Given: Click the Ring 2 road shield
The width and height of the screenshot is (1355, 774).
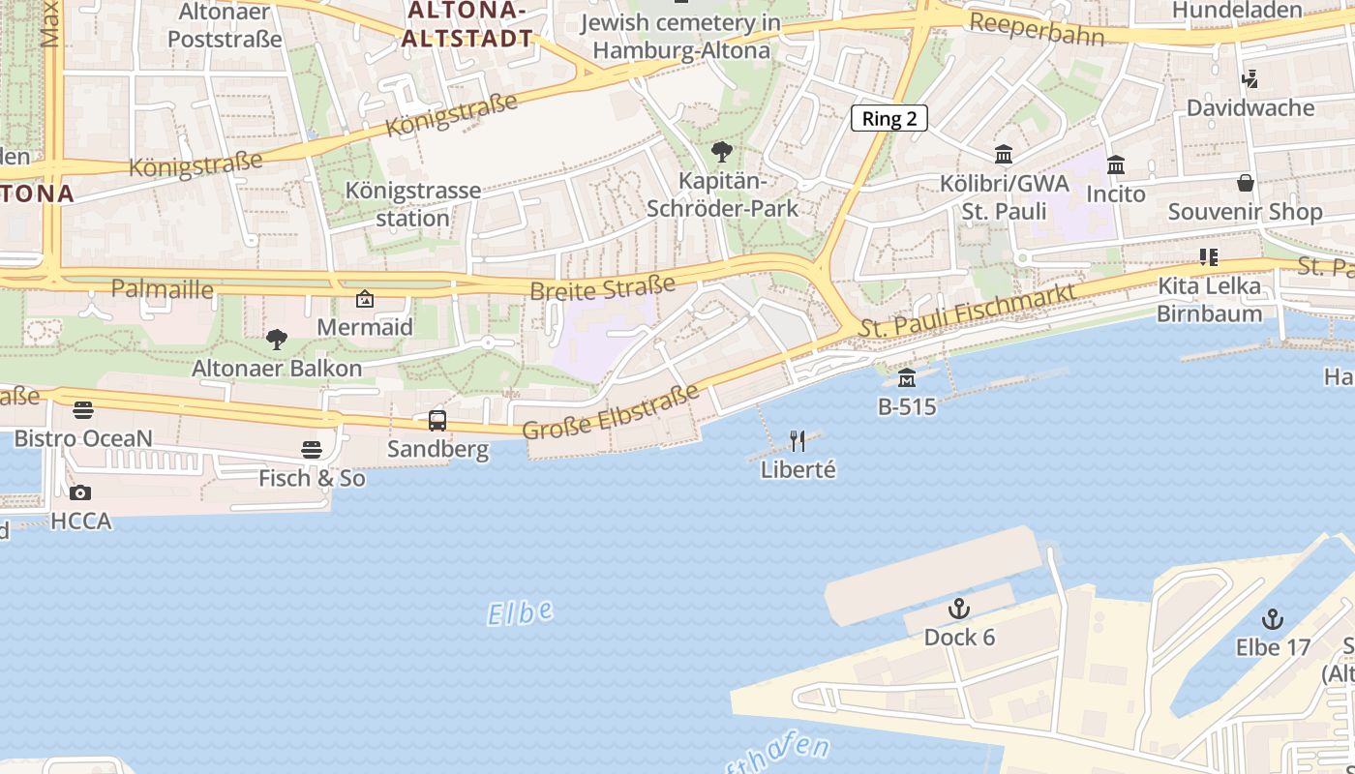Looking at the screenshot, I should (x=889, y=119).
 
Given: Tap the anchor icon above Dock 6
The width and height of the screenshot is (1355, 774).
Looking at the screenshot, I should (x=959, y=610).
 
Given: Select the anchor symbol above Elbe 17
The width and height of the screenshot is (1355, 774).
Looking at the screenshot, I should (x=1273, y=619).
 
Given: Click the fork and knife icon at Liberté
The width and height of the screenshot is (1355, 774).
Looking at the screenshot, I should (x=798, y=441).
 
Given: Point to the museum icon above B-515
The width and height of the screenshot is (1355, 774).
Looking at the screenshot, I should (x=907, y=377).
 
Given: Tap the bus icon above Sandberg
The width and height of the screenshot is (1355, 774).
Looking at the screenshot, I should (x=437, y=421).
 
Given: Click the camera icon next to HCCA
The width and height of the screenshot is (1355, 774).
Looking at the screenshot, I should (x=81, y=493).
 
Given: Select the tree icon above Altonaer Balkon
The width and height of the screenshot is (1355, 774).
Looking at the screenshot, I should (x=277, y=340).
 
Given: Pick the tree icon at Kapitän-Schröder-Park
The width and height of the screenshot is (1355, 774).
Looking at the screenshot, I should (x=722, y=152).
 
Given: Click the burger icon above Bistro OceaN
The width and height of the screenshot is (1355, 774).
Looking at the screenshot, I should (x=83, y=410).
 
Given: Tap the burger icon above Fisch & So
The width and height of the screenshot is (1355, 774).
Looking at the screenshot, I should (x=312, y=449).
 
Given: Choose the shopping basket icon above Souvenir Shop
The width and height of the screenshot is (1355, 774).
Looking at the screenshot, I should (x=1246, y=183).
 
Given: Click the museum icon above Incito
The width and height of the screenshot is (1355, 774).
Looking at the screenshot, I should (x=1116, y=165).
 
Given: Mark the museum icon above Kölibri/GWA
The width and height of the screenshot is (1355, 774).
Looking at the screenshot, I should (x=1004, y=155).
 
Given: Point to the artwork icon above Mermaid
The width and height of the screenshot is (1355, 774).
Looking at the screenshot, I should (x=365, y=299).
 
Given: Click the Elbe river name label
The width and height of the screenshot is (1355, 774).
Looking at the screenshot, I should (x=520, y=612).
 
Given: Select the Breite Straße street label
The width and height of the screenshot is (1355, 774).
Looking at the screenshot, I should (x=602, y=288).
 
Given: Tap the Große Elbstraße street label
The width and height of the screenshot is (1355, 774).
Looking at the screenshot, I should (x=610, y=412).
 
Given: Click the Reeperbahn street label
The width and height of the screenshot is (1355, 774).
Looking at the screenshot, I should (x=1036, y=29).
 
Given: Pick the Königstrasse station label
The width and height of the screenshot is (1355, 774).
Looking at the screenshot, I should (x=413, y=204).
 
